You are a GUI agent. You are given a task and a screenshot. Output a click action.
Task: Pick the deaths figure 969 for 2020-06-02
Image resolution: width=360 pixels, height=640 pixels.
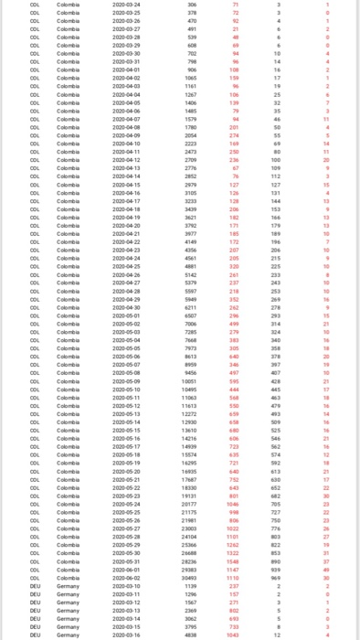(275, 577)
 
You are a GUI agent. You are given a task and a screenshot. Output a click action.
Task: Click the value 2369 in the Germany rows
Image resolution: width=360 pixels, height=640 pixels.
(191, 610)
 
